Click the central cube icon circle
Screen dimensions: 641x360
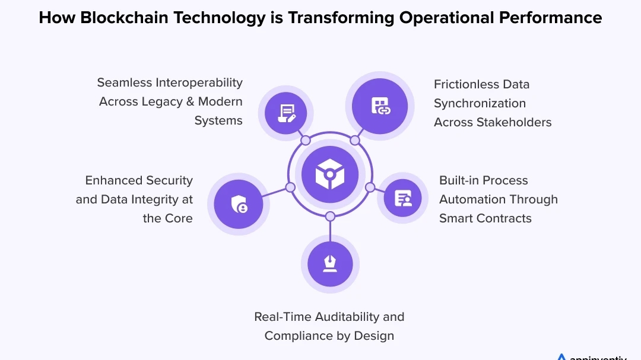[x=330, y=174]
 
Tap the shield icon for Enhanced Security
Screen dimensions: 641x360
[x=238, y=204]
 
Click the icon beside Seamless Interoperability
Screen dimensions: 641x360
[x=286, y=113]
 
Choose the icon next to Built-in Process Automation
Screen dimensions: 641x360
[x=402, y=198]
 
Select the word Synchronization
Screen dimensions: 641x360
[x=480, y=103]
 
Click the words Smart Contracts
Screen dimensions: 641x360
[x=485, y=218]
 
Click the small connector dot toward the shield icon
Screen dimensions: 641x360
[x=290, y=187]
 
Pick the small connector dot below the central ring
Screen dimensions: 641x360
[x=330, y=216]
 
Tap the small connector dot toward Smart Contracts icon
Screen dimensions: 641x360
[x=370, y=187]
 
